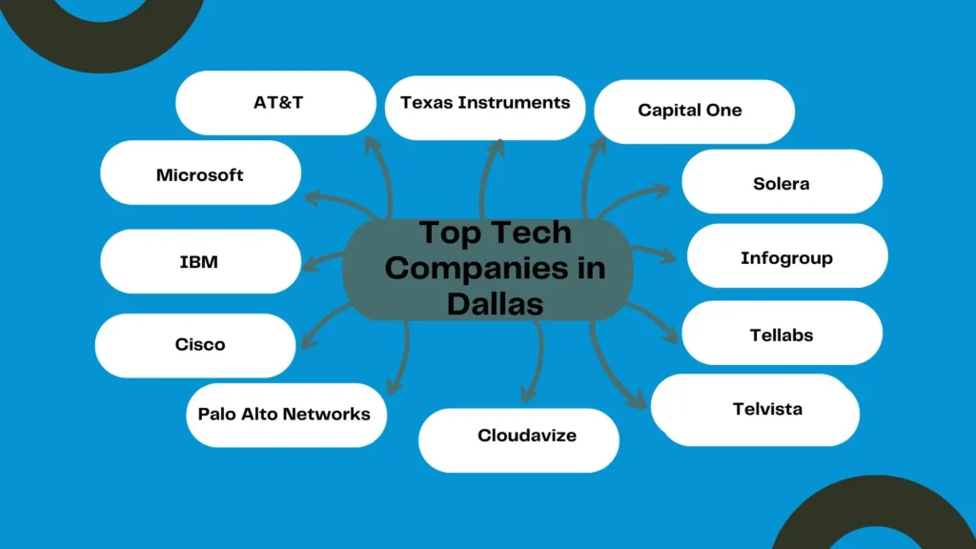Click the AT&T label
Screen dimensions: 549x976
point(278,102)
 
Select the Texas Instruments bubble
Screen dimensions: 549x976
point(485,103)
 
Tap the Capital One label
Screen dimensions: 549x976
point(690,111)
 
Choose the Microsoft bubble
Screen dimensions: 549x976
point(200,174)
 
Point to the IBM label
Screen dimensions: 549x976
point(199,261)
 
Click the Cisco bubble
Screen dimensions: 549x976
point(200,345)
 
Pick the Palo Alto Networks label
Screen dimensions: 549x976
point(284,415)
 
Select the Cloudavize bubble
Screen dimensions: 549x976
point(527,436)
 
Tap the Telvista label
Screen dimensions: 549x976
point(767,410)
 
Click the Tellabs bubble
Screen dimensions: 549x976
point(782,335)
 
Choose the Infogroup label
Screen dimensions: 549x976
point(786,258)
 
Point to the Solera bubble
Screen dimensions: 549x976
point(782,183)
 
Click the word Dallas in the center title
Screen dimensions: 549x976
point(495,304)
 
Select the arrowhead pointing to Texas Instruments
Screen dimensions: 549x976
point(496,146)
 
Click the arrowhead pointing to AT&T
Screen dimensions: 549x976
point(373,145)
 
